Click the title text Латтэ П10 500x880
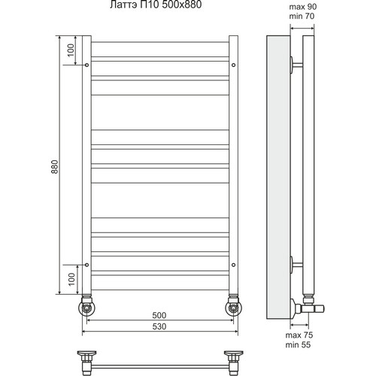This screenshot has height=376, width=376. coord(156,5)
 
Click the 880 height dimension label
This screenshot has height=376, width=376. coord(55,167)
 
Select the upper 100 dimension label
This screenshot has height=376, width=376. coord(71,50)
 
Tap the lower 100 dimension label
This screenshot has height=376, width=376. coord(71,279)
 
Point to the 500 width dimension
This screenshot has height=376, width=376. coord(159,315)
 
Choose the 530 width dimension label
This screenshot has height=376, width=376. coord(159,326)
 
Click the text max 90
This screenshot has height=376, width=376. coord(303,7)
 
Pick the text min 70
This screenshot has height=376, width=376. coord(302,17)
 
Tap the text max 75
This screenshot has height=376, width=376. coord(299,335)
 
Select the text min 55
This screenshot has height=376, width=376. coord(298,345)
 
